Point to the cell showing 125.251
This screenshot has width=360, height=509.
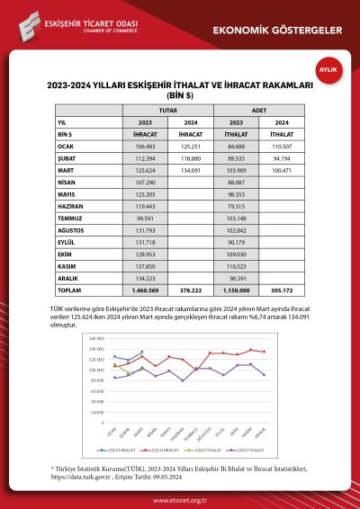pyautogui.click(x=190, y=146)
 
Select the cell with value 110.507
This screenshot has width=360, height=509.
pyautogui.click(x=282, y=146)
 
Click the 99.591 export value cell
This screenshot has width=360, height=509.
pyautogui.click(x=145, y=218)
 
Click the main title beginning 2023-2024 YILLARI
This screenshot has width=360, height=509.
pyautogui.click(x=180, y=88)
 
